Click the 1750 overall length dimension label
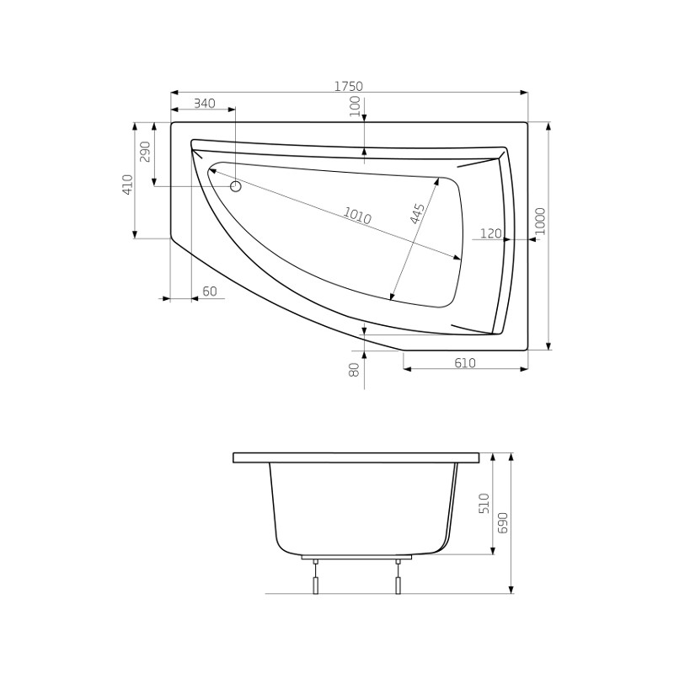tap(349, 87)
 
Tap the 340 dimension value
tap(204, 104)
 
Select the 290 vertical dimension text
tap(145, 152)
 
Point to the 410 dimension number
tap(128, 185)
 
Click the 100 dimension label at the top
tap(354, 107)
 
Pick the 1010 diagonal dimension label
tap(356, 216)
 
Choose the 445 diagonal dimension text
tap(417, 213)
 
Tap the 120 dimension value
tap(490, 233)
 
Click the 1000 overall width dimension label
tap(540, 221)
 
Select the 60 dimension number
tap(209, 292)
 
